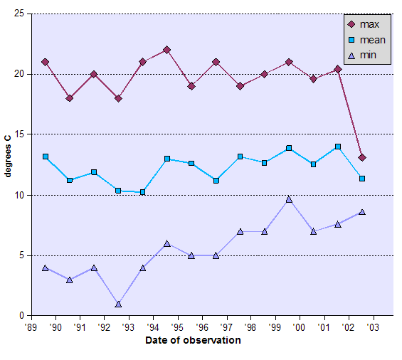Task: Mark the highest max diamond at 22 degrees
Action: point(166,50)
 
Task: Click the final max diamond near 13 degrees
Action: point(362,157)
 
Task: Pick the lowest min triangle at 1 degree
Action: point(118,304)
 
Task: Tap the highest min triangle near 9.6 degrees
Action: point(289,200)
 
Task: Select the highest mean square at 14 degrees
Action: point(337,147)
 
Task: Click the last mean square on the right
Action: point(362,179)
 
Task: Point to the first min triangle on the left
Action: point(45,268)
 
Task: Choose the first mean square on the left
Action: point(45,157)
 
